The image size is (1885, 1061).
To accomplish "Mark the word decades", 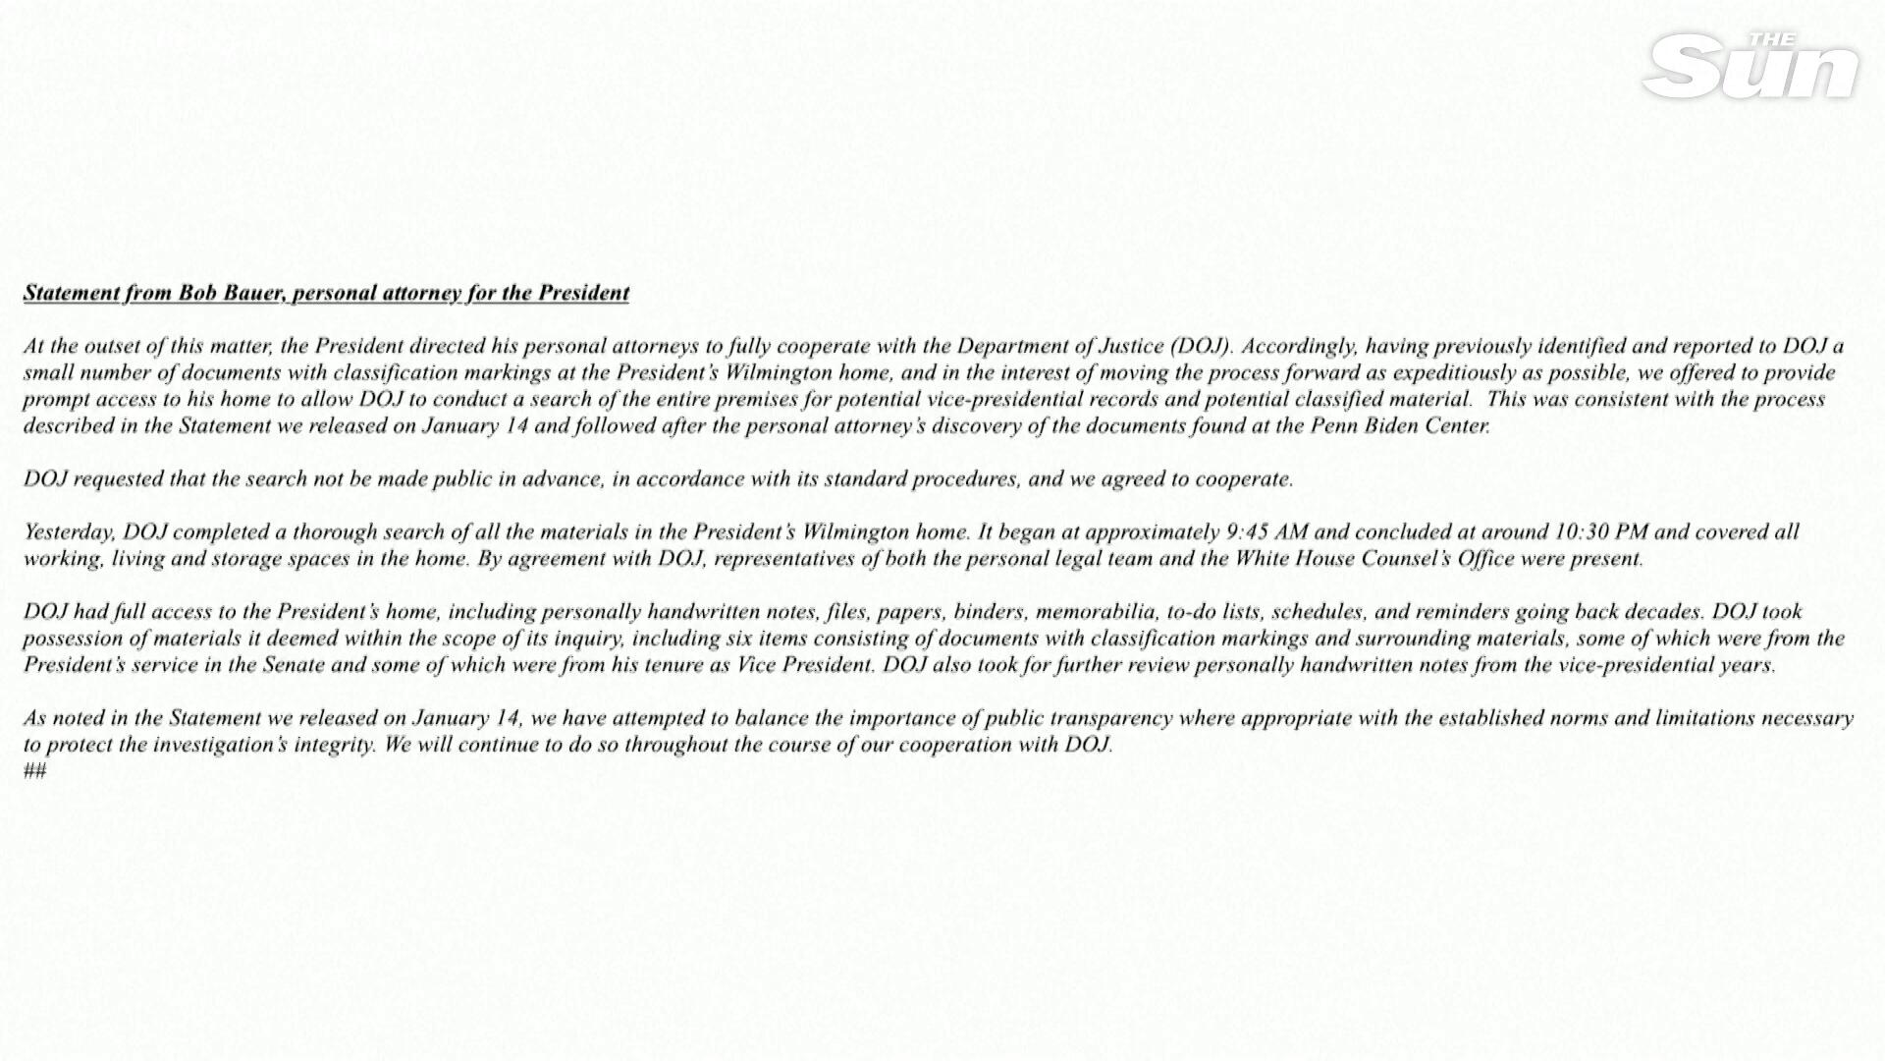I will (1668, 612).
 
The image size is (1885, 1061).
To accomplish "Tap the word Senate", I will (291, 665).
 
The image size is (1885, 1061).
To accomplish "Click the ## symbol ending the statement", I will (34, 771).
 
